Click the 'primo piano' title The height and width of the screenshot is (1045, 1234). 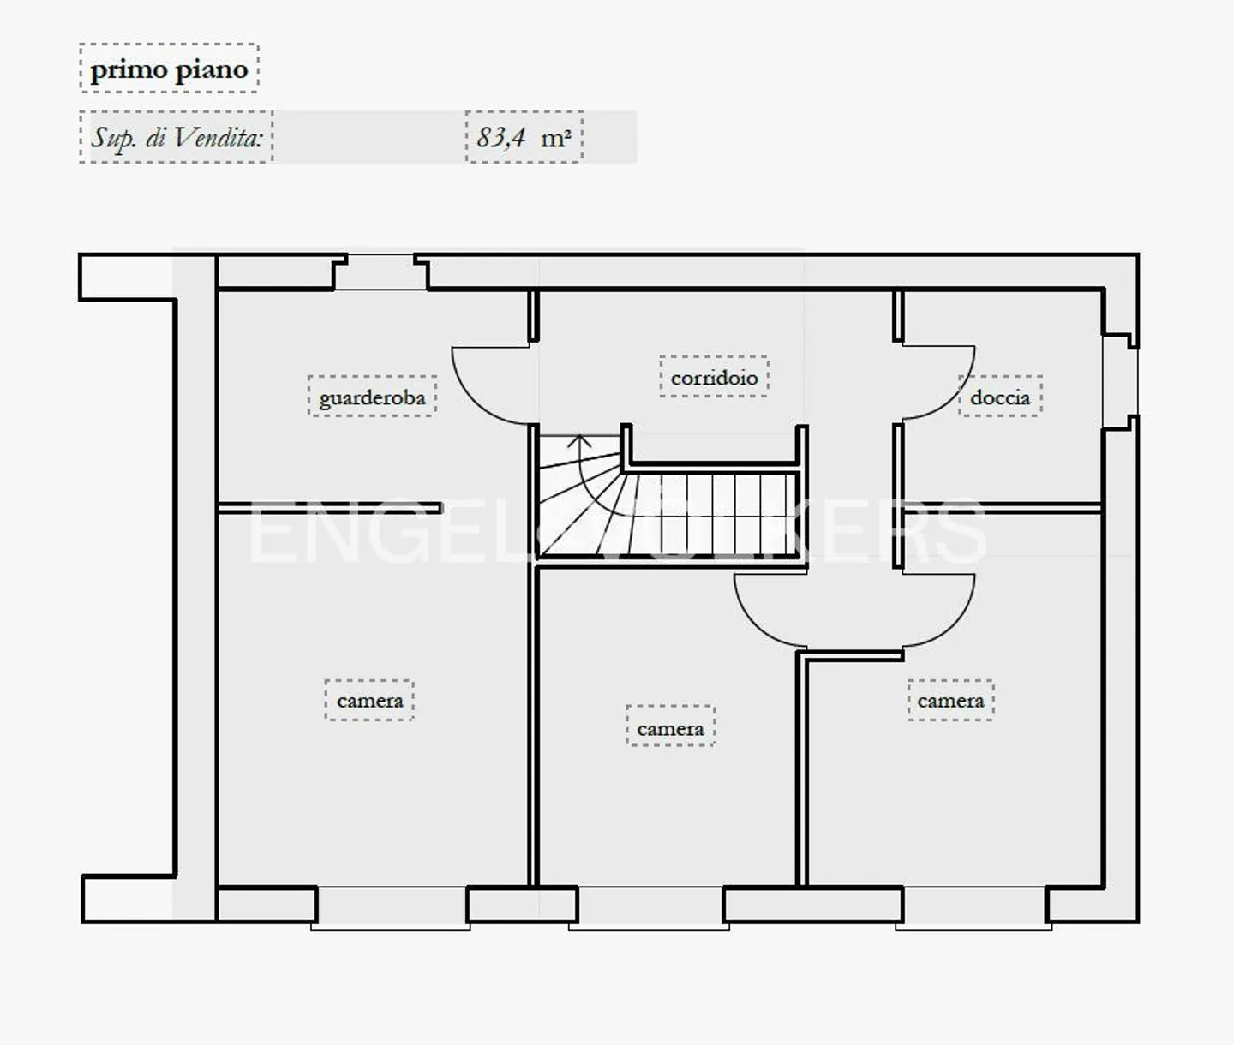tap(169, 70)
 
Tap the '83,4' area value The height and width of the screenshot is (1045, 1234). tap(500, 138)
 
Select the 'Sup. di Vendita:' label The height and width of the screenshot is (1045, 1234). tap(177, 139)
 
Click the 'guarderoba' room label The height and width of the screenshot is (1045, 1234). tap(373, 397)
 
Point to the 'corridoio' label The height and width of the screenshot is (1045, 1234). tap(715, 377)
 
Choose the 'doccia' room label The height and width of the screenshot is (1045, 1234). tap(1001, 397)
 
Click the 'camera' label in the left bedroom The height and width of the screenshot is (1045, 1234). tap(370, 700)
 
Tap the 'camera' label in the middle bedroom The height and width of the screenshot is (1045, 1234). tap(670, 729)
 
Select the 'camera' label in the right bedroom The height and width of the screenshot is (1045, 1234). tap(951, 700)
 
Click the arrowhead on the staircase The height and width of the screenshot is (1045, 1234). tap(578, 442)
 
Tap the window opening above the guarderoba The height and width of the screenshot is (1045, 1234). tap(380, 272)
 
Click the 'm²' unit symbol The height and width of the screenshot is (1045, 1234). tap(555, 139)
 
